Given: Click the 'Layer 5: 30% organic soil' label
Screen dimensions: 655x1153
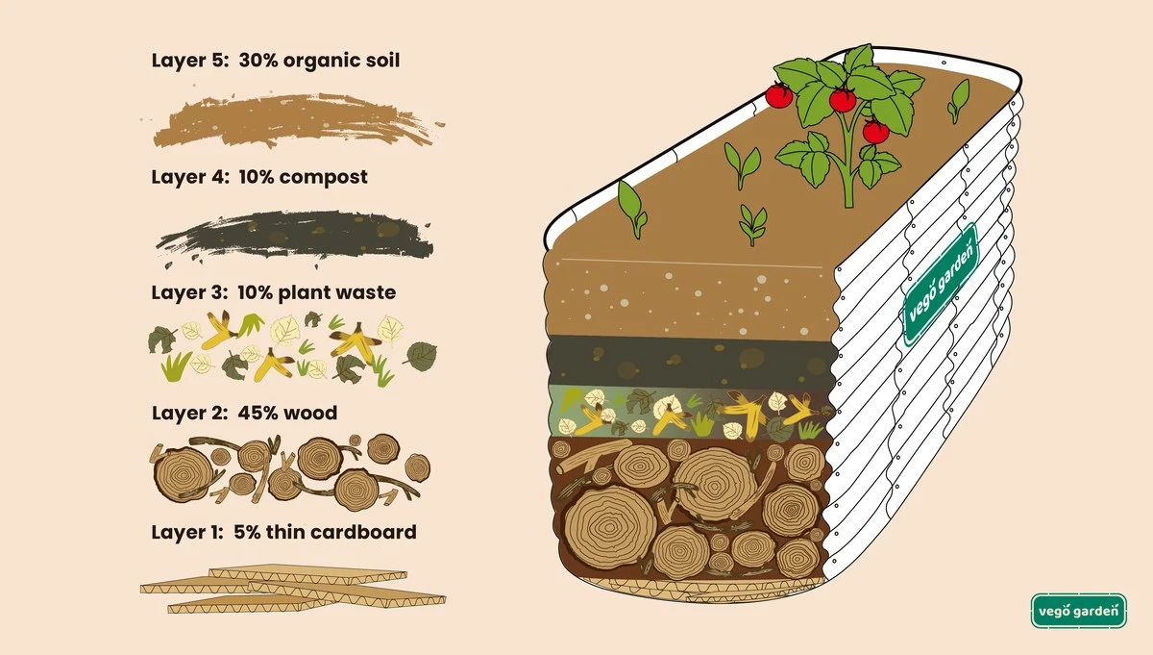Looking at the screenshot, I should [275, 61].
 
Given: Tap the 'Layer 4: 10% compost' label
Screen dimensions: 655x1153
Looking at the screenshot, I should [259, 178].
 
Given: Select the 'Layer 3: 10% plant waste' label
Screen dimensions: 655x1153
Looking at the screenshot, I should [273, 292].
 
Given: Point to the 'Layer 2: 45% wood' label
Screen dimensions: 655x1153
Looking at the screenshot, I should [244, 414].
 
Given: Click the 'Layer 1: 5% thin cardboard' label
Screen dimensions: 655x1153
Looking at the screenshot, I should [283, 531].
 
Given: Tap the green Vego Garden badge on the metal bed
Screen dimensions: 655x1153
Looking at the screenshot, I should [940, 284].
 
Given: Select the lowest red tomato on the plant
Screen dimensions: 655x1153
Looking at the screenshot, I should [874, 132].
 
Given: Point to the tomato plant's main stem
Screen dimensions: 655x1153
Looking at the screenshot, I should [846, 173].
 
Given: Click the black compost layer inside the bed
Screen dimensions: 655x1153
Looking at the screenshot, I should [687, 362].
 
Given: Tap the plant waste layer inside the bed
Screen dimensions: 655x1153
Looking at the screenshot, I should [687, 413].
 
